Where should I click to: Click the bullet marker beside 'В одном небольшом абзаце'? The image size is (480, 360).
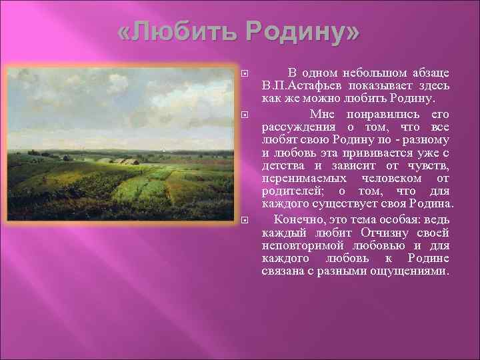pos(245,73)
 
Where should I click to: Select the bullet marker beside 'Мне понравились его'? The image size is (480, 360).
pos(245,115)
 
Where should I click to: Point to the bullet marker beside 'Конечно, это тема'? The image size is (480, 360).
pos(245,220)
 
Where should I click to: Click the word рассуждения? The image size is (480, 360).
pos(295,127)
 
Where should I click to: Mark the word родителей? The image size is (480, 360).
pos(291,191)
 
